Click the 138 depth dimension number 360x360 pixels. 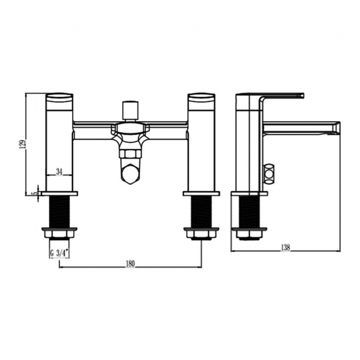tap(285, 247)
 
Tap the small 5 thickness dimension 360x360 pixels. tap(34, 193)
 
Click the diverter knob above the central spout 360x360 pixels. tap(130, 109)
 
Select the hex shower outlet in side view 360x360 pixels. tap(270, 174)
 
